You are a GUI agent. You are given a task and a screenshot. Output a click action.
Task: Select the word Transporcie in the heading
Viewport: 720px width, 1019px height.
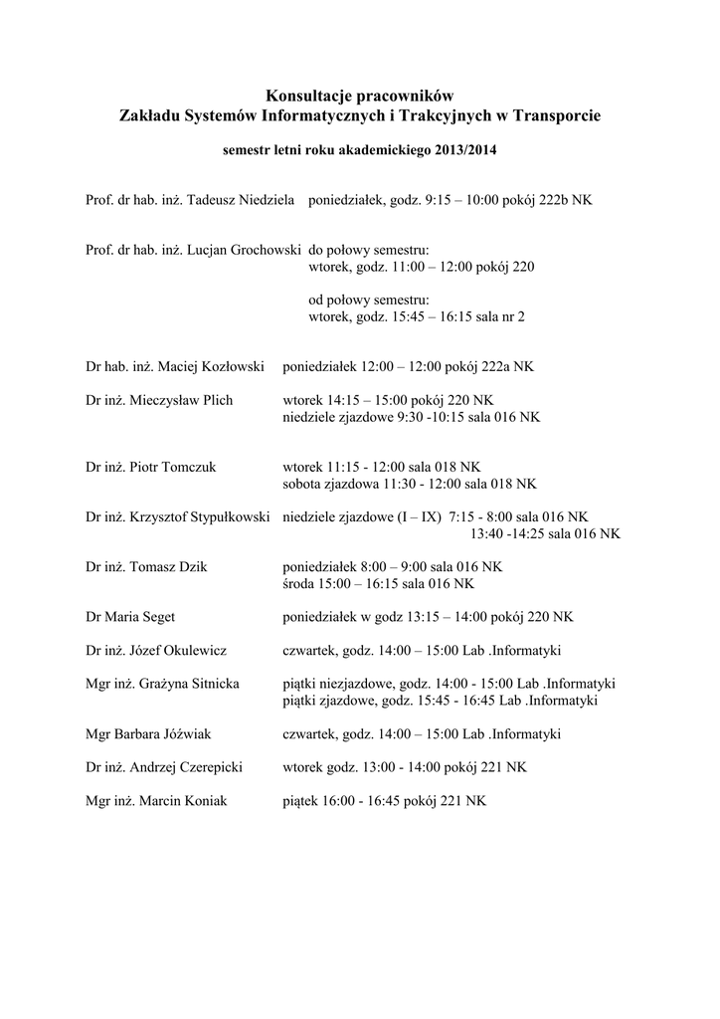[555, 116]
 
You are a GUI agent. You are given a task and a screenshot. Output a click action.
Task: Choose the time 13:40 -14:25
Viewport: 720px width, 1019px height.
[506, 533]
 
